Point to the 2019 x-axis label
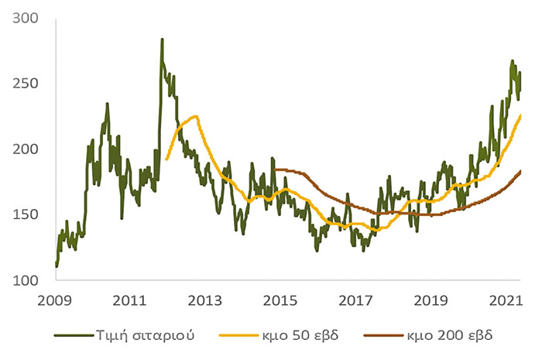pyautogui.click(x=431, y=300)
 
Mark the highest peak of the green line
pyautogui.click(x=162, y=39)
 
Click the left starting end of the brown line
pyautogui.click(x=275, y=170)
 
